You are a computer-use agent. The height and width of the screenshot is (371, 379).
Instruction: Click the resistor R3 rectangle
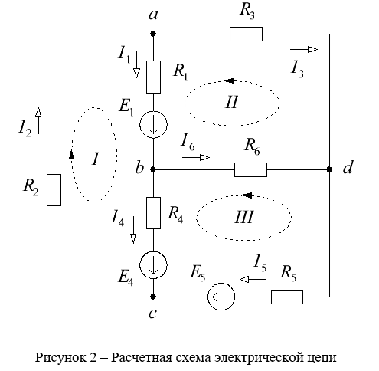[x=246, y=34]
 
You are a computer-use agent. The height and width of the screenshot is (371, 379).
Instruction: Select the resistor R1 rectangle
[x=153, y=77]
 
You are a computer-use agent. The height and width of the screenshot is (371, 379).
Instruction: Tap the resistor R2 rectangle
[x=54, y=190]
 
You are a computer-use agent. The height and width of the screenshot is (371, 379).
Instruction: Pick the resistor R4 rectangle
[x=153, y=213]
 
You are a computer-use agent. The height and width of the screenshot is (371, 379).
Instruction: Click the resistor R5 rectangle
[x=287, y=297]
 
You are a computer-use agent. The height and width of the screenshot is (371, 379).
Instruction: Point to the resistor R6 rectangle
[x=250, y=169]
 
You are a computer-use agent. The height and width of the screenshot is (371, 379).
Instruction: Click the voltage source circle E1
[x=153, y=125]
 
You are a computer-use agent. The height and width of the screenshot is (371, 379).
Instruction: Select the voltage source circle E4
[x=153, y=265]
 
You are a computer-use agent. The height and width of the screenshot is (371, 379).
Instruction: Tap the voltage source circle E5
[x=221, y=297]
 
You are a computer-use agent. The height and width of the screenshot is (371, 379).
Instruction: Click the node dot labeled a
[x=153, y=34]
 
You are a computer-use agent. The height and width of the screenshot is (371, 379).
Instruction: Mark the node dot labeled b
[x=153, y=169]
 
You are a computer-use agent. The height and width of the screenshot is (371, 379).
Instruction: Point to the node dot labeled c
[x=153, y=297]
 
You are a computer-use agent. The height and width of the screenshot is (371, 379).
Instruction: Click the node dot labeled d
[x=329, y=169]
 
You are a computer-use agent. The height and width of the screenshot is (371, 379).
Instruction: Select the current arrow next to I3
[x=304, y=49]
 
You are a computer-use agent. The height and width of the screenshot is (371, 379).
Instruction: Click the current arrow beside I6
[x=196, y=157]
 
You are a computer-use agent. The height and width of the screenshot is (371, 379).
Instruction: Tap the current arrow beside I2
[x=38, y=120]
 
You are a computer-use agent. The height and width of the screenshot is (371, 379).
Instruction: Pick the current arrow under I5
[x=253, y=279]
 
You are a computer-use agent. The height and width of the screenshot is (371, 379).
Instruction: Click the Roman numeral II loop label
[x=232, y=102]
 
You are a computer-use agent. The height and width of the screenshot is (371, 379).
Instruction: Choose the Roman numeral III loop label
[x=244, y=218]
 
